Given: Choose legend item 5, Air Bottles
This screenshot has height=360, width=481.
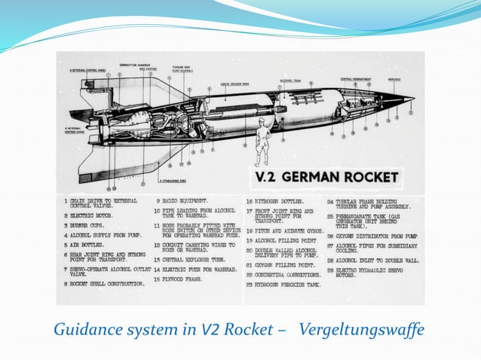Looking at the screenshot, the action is click(87, 246).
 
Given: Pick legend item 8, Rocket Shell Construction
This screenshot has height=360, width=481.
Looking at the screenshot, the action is click(105, 284).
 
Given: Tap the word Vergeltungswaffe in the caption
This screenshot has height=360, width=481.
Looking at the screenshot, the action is click(362, 329).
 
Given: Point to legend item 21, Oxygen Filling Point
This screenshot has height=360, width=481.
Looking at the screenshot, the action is click(283, 266).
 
